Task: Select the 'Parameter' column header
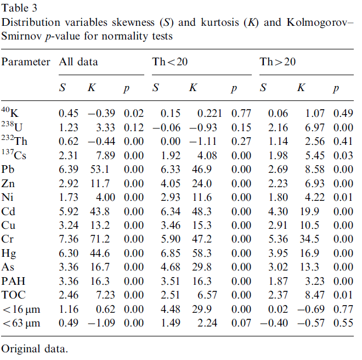click(26, 61)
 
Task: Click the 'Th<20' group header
click(169, 61)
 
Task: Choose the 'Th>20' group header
click(278, 61)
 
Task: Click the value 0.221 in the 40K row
click(210, 114)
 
